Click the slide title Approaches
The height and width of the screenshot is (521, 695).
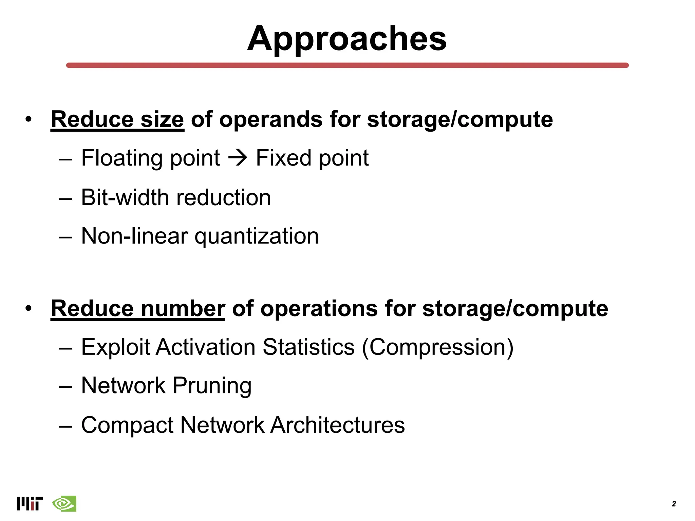[x=347, y=39]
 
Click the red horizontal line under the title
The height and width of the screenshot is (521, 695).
[x=347, y=65]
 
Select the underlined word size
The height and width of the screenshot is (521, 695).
[x=162, y=120]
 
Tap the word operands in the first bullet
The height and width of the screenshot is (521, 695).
[x=270, y=120]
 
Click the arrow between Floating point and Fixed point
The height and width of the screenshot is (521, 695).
[x=238, y=158]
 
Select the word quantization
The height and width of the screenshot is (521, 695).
[x=257, y=236]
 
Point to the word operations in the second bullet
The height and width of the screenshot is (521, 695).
[x=319, y=309]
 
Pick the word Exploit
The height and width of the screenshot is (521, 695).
[x=115, y=347]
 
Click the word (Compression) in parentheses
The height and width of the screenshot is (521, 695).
[x=438, y=347]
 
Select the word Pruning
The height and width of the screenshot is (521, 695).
[x=212, y=386]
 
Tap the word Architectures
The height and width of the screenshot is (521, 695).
[x=337, y=425]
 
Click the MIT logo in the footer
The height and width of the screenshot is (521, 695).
[x=30, y=504]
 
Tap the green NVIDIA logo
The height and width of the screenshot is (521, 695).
[x=64, y=504]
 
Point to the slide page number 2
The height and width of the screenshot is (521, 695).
[x=674, y=504]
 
